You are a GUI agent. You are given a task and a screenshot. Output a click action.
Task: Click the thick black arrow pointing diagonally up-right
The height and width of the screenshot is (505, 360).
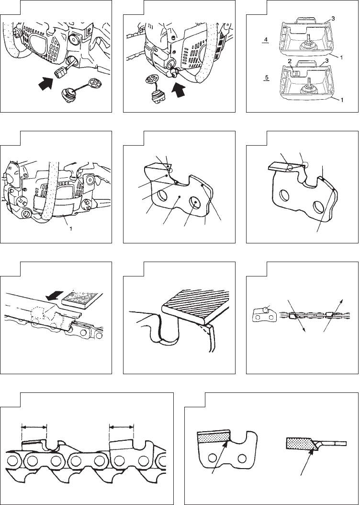pyautogui.click(x=46, y=84)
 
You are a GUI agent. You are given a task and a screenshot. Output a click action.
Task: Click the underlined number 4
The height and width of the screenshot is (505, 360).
pyautogui.click(x=266, y=40)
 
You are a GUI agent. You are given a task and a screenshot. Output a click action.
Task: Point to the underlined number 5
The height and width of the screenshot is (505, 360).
pyautogui.click(x=266, y=78)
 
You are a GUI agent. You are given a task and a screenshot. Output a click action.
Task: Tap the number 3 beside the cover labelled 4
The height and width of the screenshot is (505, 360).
pyautogui.click(x=333, y=19)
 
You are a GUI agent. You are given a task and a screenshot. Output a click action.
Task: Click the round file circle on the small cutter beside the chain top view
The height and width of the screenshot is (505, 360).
pyautogui.click(x=266, y=310)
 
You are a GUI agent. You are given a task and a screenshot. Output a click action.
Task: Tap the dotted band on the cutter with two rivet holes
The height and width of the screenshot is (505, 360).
pyautogui.click(x=214, y=437)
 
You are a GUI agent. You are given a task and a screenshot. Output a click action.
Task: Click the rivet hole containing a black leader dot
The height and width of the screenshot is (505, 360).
pyautogui.click(x=195, y=202)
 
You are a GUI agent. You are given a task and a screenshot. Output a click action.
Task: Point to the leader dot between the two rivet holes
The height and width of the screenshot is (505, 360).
pyautogui.click(x=180, y=196)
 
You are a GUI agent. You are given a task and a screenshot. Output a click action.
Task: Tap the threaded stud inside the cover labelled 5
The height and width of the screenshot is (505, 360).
pyautogui.click(x=308, y=80)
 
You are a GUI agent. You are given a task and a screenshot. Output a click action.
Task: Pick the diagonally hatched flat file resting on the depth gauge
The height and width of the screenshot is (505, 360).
pyautogui.click(x=196, y=304)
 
